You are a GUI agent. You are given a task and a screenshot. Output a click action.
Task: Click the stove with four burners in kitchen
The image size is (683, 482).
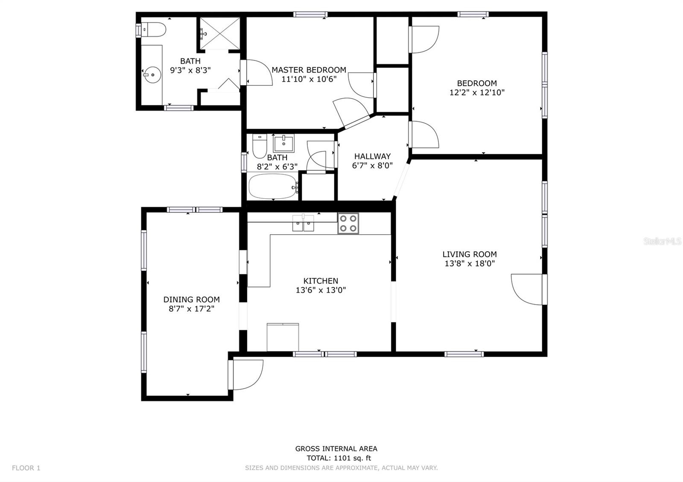tap(348, 224)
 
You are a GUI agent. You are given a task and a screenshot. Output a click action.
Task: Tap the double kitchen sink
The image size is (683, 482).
tap(303, 223)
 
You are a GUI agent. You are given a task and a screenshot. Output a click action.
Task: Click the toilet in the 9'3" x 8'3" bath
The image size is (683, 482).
tap(154, 30)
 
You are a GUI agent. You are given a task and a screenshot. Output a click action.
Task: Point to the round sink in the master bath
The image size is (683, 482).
tap(152, 75)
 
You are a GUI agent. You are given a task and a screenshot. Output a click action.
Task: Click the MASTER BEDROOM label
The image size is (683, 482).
tap(309, 70)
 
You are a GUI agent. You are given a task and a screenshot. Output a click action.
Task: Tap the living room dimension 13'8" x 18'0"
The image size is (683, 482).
tap(470, 264)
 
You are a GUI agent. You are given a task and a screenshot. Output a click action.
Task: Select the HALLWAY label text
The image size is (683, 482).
tap(372, 157)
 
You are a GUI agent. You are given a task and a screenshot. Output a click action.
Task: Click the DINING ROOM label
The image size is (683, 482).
tap(191, 300)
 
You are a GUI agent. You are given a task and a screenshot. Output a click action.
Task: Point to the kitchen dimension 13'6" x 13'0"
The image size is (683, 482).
tap(321, 290)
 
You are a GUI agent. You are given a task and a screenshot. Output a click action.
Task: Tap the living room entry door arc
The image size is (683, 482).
tap(527, 290)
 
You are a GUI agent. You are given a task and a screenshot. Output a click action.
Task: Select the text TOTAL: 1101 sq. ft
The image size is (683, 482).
tap(339, 458)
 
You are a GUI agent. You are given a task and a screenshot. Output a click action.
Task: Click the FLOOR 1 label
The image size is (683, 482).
tap(26, 468)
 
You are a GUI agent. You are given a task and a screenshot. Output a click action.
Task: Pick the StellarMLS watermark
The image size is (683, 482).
tap(663, 241)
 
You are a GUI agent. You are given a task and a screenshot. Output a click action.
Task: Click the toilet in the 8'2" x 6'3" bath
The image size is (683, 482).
tap(260, 146)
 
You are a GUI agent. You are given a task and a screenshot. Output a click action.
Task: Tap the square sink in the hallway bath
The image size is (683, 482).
tap(283, 143)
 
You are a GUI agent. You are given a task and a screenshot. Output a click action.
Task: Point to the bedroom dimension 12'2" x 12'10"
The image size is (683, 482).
tap(477, 93)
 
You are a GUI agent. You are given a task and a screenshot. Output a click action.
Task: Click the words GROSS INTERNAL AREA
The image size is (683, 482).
tap(336, 449)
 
